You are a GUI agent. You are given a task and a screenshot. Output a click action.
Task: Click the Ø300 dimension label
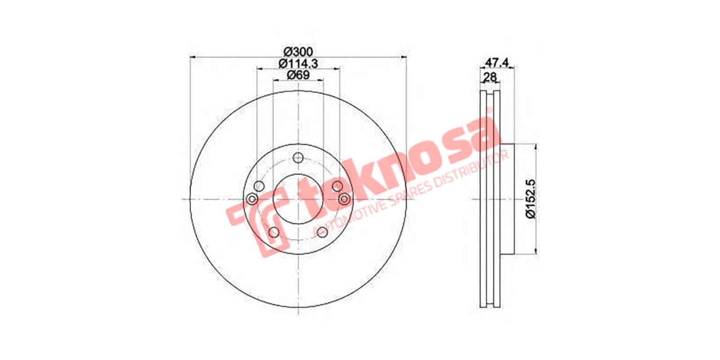pos(298,52)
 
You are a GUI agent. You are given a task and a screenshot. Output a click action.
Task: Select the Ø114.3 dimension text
pos(298,63)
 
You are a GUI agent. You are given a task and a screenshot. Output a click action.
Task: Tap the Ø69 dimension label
pos(298,74)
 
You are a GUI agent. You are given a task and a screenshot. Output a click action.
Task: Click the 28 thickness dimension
pos(490,77)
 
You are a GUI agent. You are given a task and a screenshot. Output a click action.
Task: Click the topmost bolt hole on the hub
pos(298,158)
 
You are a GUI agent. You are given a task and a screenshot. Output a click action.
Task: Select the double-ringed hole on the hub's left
pos(253,199)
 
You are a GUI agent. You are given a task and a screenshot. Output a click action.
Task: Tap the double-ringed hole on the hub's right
pos(344,199)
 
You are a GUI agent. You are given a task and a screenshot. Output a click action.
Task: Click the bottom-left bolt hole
pos(273,232)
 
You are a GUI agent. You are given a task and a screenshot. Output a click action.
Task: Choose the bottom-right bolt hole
pos(324,232)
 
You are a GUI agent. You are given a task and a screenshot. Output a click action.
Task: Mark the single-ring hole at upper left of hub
pos(259,186)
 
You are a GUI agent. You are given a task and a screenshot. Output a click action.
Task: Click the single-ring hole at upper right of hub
pos(337,186)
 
